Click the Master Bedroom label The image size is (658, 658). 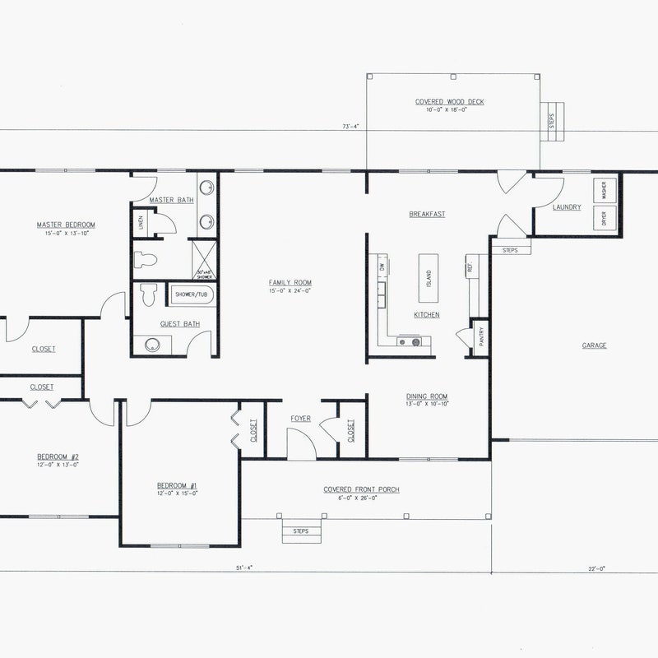66,225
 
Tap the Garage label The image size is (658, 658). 594,345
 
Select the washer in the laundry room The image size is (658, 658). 605,191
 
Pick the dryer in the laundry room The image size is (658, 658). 605,218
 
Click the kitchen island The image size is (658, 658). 429,269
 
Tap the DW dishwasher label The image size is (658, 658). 382,267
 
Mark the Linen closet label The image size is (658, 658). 140,222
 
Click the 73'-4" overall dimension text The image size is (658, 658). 352,126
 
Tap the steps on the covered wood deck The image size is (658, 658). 552,120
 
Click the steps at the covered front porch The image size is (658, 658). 300,531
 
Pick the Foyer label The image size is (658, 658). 301,419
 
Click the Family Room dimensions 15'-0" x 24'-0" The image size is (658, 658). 290,291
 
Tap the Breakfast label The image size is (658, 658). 427,214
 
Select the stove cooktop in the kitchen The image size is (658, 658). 409,341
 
